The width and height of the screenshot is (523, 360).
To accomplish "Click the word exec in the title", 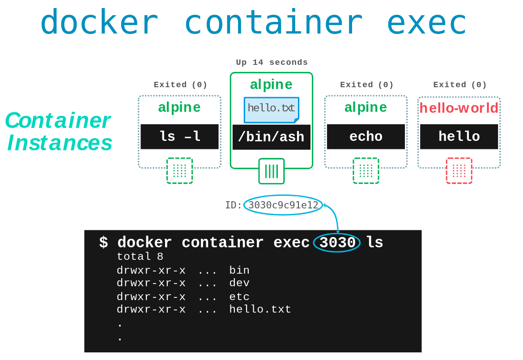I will click(426, 22).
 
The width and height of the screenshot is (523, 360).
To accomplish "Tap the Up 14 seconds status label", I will click(272, 63).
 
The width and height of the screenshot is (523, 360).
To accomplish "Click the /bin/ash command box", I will click(271, 137).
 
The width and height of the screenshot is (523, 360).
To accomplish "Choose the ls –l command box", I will click(179, 137).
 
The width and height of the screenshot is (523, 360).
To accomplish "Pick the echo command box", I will click(366, 137).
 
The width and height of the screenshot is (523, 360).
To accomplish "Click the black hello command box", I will click(459, 137).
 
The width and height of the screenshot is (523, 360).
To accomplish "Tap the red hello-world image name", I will click(459, 108).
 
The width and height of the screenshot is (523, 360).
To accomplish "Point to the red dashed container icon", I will click(459, 171).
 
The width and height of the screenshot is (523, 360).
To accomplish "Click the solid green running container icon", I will click(271, 171).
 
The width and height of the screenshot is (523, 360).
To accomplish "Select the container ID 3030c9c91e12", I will click(283, 205).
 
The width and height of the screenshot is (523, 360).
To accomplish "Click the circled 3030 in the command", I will click(337, 243).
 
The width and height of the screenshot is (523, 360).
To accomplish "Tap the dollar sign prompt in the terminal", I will click(103, 243).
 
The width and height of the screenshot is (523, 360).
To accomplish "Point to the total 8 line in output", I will click(140, 257).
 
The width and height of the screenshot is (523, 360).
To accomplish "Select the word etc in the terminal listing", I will click(239, 297).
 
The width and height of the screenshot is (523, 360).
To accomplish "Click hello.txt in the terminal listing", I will click(260, 309).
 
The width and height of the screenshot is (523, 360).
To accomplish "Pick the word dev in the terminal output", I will click(239, 283).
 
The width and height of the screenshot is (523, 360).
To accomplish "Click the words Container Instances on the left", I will click(58, 132).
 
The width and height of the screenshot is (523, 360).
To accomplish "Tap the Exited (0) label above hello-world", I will click(460, 85).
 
